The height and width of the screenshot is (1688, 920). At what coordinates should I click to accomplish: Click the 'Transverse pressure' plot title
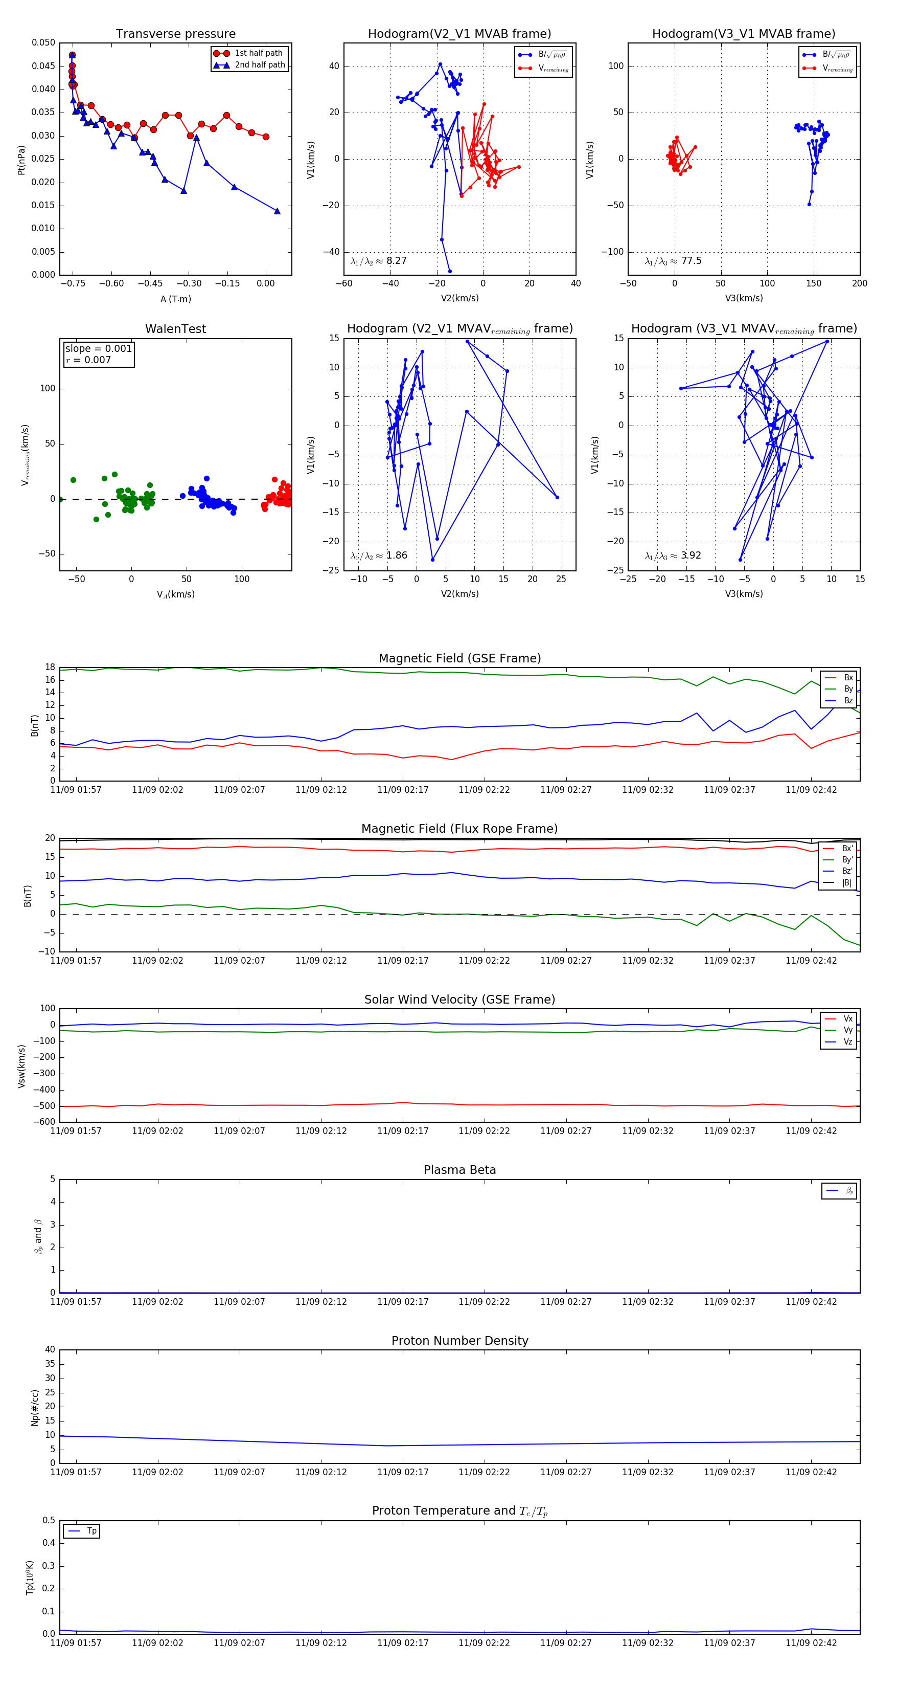(175, 34)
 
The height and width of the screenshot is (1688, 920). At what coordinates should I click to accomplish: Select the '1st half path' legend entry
(259, 53)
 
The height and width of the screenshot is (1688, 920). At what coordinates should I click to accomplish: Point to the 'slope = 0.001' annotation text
(98, 349)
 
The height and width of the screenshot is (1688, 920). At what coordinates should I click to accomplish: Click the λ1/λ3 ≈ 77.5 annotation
(673, 261)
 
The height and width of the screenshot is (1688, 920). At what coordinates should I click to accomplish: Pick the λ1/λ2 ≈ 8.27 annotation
(378, 261)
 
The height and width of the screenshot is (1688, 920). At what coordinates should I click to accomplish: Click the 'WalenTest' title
(175, 329)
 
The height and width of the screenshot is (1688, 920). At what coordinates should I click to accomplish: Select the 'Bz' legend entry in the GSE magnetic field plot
(848, 700)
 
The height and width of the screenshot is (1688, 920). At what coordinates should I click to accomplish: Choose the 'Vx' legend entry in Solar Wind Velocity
(848, 1019)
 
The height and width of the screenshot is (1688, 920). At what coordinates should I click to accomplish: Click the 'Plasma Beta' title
(459, 1170)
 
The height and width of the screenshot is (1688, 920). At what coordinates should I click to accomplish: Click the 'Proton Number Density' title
(459, 1341)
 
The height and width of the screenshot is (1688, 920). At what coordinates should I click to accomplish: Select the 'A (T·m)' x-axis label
(175, 299)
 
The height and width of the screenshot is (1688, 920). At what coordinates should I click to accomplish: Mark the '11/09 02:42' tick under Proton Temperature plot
(811, 1643)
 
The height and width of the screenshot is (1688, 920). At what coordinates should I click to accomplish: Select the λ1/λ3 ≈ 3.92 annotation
(673, 556)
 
